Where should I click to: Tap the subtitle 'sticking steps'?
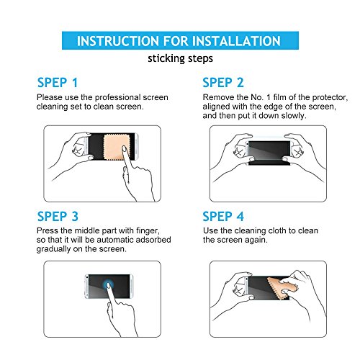[x=180, y=59]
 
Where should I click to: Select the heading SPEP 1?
[x=58, y=83]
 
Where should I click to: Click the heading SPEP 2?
[x=223, y=83]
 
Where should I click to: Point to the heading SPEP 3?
[x=58, y=216]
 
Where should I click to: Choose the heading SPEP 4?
[x=223, y=216]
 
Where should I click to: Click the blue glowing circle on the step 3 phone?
[x=109, y=285]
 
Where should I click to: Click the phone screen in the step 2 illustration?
[x=269, y=150]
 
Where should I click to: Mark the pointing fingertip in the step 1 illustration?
[x=124, y=149]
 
